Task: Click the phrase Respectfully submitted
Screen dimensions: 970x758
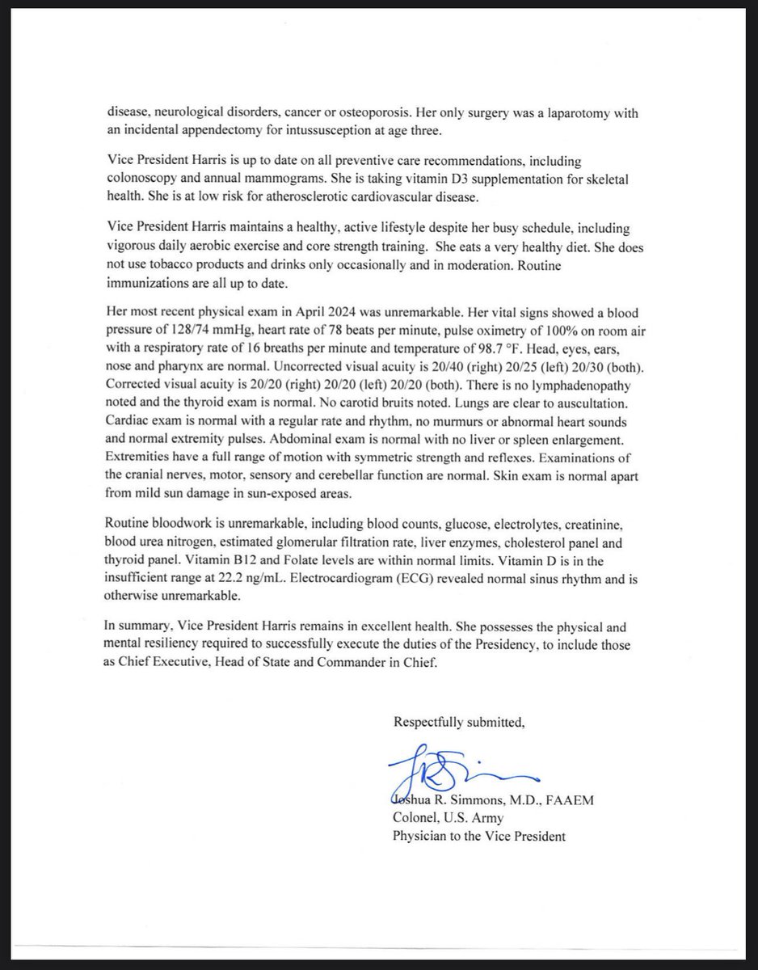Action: pyautogui.click(x=459, y=722)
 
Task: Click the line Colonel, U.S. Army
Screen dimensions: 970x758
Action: pyautogui.click(x=448, y=818)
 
